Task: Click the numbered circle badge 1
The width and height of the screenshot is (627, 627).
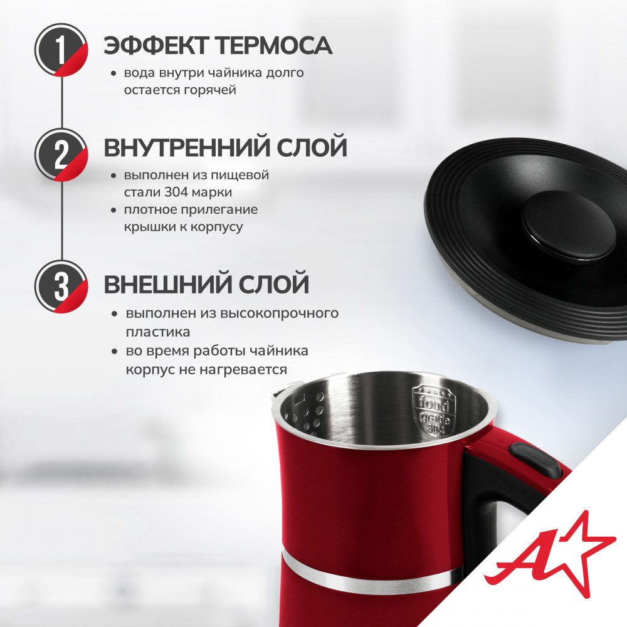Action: click(x=61, y=50)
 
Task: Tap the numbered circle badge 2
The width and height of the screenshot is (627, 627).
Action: click(x=61, y=154)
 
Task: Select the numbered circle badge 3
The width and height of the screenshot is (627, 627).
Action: click(x=61, y=287)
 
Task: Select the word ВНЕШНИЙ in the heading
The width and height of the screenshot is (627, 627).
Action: click(x=167, y=284)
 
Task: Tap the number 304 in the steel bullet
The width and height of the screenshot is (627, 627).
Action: click(x=176, y=192)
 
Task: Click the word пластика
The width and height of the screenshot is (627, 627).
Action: click(x=158, y=332)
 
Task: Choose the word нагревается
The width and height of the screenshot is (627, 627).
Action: click(x=243, y=369)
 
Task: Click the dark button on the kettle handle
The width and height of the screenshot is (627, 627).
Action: click(x=535, y=460)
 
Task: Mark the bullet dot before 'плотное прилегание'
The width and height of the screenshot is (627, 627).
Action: click(x=114, y=210)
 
